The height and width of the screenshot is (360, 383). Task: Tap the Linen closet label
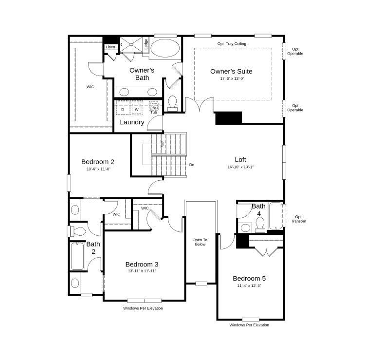110,47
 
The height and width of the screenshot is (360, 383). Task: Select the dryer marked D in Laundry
123,109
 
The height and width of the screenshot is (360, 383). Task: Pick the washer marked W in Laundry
137,109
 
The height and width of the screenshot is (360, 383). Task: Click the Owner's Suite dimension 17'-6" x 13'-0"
232,78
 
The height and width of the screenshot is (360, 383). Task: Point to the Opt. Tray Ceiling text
232,44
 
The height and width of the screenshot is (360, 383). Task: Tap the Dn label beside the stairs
192,165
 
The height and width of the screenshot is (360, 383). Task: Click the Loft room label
240,159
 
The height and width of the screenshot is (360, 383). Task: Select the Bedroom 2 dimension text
98,169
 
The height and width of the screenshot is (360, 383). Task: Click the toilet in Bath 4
260,225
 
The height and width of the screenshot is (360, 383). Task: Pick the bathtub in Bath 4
275,216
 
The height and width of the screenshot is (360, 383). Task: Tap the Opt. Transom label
298,219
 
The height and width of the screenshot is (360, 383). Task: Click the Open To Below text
200,242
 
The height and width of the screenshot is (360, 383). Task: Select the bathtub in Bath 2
78,256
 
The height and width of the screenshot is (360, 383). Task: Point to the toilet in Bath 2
78,231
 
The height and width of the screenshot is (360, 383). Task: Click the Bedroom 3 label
142,265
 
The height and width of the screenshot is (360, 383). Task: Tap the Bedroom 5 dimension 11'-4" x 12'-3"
249,285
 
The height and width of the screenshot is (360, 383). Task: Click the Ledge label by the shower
146,44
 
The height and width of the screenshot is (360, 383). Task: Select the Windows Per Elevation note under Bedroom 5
249,325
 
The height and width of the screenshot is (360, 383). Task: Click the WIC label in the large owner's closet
90,87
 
